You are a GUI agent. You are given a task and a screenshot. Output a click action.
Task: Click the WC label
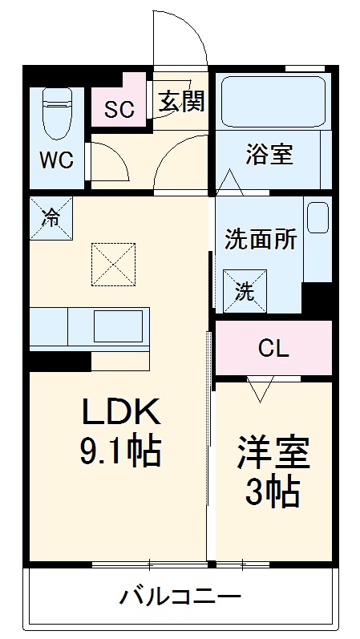click(x=57, y=159)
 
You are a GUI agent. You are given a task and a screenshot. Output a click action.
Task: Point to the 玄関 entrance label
click(x=181, y=102)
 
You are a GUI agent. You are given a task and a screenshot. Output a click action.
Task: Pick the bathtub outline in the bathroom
click(x=269, y=101)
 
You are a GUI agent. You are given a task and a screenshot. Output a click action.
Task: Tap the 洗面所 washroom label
click(x=260, y=239)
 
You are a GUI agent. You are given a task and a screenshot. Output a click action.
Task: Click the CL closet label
click(x=273, y=349)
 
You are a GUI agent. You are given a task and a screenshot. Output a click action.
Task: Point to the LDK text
click(x=123, y=413)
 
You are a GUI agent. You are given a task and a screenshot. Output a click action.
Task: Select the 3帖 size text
click(x=273, y=490)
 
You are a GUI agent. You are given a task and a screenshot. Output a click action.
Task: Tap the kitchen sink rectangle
click(x=118, y=326)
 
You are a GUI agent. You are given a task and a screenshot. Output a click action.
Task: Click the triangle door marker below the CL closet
click(x=259, y=390)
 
